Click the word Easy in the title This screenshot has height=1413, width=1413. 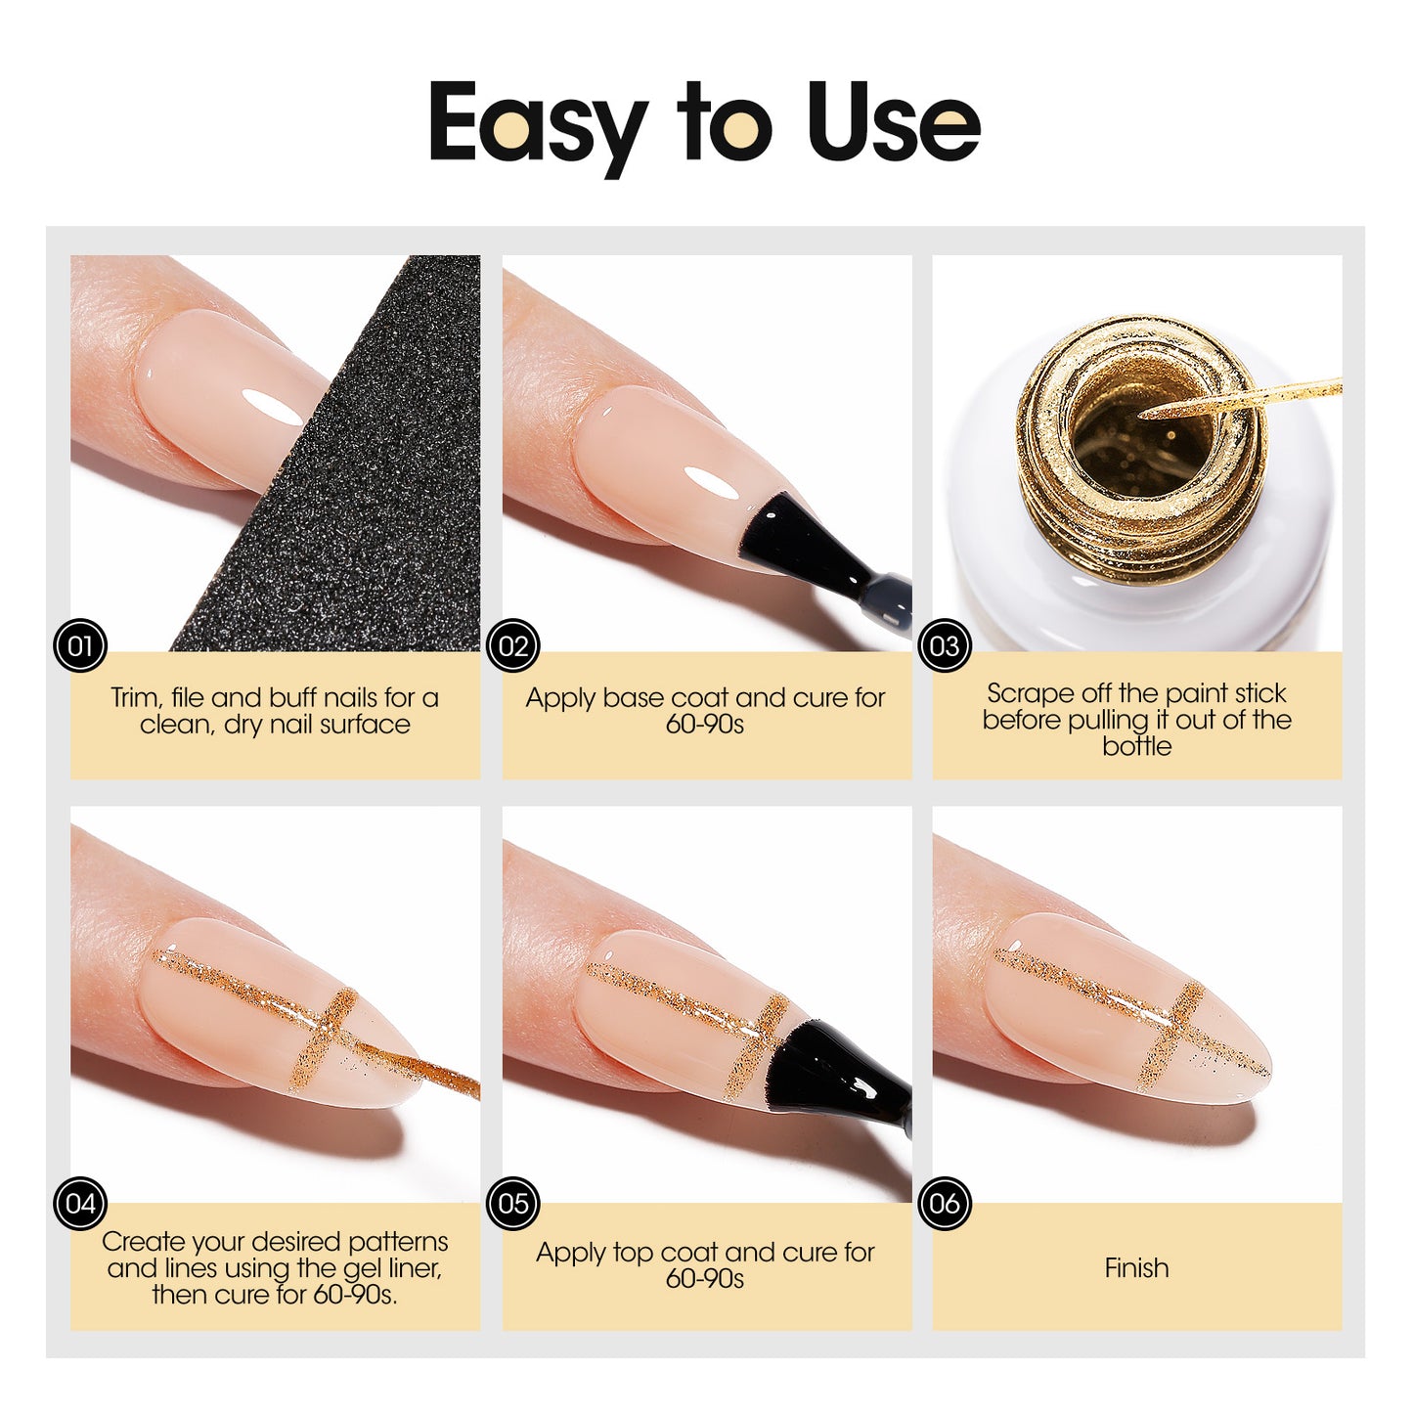pyautogui.click(x=537, y=124)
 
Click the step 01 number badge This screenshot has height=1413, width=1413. pyautogui.click(x=79, y=646)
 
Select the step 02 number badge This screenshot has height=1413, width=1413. pyautogui.click(x=512, y=646)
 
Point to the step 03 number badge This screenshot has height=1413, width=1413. pyautogui.click(x=945, y=646)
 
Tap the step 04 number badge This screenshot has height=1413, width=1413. pyautogui.click(x=79, y=1203)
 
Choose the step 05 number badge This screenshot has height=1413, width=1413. pyautogui.click(x=512, y=1203)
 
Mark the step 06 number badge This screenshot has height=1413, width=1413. pyautogui.click(x=945, y=1203)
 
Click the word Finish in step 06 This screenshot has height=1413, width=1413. pyautogui.click(x=1136, y=1268)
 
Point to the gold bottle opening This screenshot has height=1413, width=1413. pyautogui.click(x=1139, y=430)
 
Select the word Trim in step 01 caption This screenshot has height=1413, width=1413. pyautogui.click(x=133, y=698)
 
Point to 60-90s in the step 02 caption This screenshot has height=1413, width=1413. pyautogui.click(x=705, y=725)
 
